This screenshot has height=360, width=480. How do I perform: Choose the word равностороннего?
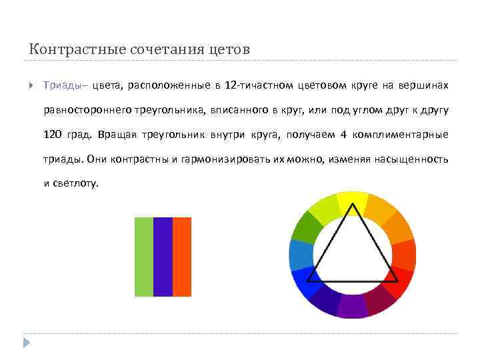(83, 110)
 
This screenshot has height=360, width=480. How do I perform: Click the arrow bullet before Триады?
(31, 85)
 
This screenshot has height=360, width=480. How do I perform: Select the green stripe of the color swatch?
(144, 257)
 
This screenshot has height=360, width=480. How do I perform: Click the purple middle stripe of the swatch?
(163, 257)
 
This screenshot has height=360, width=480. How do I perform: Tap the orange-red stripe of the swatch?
(182, 257)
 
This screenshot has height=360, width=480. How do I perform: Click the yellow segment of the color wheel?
(351, 201)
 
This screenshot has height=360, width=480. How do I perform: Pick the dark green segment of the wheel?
(305, 227)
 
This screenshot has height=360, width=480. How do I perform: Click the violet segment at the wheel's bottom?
(352, 306)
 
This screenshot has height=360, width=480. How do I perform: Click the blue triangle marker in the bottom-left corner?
(26, 343)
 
